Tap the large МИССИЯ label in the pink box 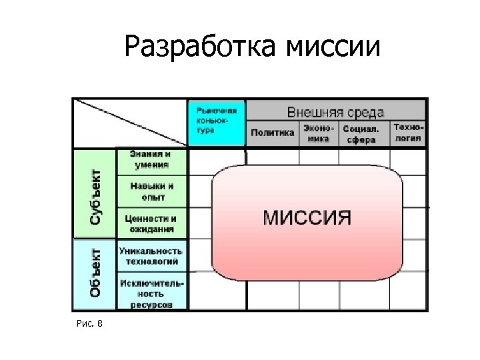307,217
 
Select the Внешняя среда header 335,110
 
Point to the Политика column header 272,133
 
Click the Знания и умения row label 151,160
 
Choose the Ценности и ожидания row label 151,223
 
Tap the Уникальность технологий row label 151,255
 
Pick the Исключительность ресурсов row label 151,293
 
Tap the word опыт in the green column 151,197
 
